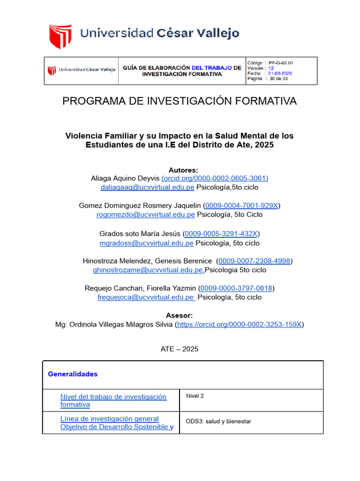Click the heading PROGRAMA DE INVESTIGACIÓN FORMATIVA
pyautogui.click(x=180, y=101)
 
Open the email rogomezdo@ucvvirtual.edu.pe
pyautogui.click(x=145, y=215)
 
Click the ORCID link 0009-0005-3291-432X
pyautogui.click(x=221, y=233)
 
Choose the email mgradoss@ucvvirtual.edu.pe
pyautogui.click(x=146, y=243)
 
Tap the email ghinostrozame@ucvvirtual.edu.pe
pyautogui.click(x=148, y=270)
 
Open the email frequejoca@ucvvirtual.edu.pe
pyautogui.click(x=146, y=297)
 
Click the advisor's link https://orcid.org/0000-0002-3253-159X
pyautogui.click(x=240, y=324)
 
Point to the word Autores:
pyautogui.click(x=183, y=170)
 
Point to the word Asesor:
pyautogui.click(x=180, y=315)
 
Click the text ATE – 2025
pyautogui.click(x=180, y=349)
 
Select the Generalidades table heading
pyautogui.click(x=73, y=374)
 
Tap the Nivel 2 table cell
pyautogui.click(x=195, y=396)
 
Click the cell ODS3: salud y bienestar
pyautogui.click(x=218, y=421)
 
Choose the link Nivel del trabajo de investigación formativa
pyautogui.click(x=113, y=400)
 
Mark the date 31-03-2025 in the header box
pyautogui.click(x=279, y=74)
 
